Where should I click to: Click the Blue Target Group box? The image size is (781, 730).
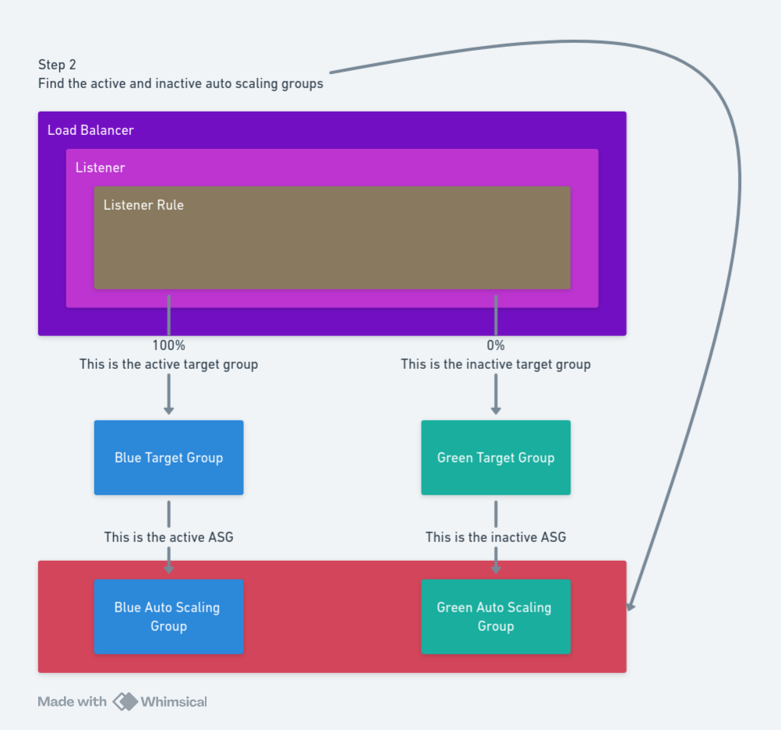pyautogui.click(x=168, y=458)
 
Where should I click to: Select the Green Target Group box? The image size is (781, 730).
pyautogui.click(x=496, y=458)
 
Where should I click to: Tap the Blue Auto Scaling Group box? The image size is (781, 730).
pyautogui.click(x=168, y=616)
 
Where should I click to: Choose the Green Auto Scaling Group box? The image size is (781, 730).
pyautogui.click(x=496, y=616)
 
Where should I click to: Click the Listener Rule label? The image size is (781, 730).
pyautogui.click(x=143, y=205)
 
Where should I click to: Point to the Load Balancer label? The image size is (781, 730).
pyautogui.click(x=90, y=130)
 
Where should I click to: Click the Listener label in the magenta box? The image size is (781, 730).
pyautogui.click(x=100, y=168)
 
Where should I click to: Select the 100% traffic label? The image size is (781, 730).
pyautogui.click(x=168, y=346)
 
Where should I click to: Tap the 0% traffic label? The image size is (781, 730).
pyautogui.click(x=496, y=346)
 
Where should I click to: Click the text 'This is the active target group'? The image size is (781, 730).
pyautogui.click(x=168, y=364)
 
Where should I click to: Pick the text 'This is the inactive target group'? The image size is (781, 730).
pyautogui.click(x=496, y=364)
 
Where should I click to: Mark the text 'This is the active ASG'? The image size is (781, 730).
pyautogui.click(x=168, y=537)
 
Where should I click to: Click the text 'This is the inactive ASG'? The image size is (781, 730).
pyautogui.click(x=496, y=537)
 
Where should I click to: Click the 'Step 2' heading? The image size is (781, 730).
pyautogui.click(x=57, y=65)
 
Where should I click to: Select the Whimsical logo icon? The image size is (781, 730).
pyautogui.click(x=125, y=701)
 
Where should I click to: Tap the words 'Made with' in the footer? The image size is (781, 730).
pyautogui.click(x=72, y=702)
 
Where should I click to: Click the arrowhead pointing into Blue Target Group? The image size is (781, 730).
pyautogui.click(x=168, y=410)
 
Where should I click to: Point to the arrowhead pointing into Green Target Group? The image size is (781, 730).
pyautogui.click(x=496, y=410)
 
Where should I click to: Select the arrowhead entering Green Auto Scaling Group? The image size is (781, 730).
pyautogui.click(x=496, y=569)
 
